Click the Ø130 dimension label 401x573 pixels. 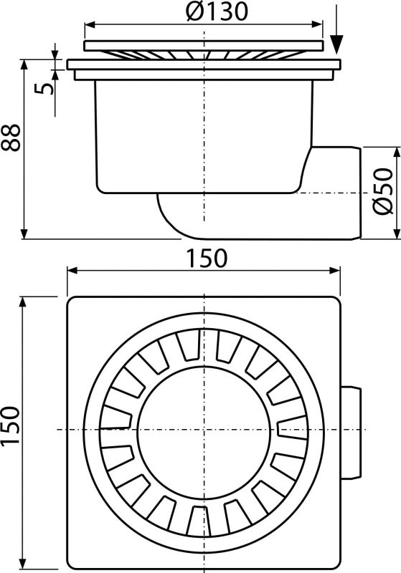(x=204, y=13)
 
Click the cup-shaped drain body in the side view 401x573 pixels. (x=204, y=136)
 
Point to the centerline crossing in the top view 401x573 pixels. (x=204, y=428)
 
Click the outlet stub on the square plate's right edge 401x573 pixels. (x=352, y=428)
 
